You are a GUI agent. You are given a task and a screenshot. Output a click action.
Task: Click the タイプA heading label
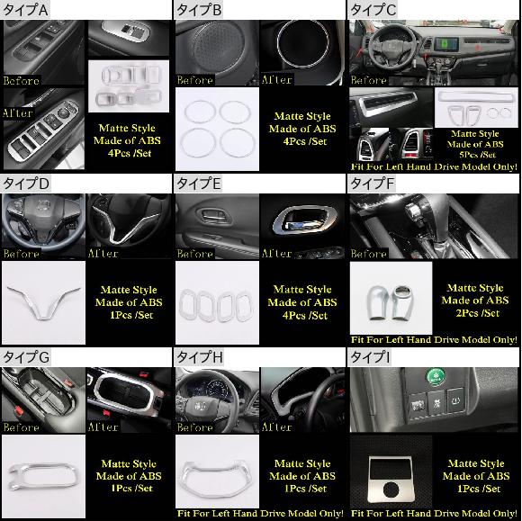coord(25,10)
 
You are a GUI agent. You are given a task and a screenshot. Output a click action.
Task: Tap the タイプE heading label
coord(198,184)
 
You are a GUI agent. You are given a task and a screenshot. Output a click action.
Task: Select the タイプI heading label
coord(370,357)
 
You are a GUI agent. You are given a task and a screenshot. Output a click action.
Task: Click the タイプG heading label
coord(26,357)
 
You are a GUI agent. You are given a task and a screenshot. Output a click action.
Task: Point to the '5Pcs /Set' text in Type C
coord(477,155)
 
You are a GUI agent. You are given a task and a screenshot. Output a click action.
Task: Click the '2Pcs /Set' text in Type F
coord(477,313)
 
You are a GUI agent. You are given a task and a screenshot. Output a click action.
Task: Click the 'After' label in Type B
coord(276,80)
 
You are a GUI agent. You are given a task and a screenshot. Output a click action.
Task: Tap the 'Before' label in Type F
coord(368,254)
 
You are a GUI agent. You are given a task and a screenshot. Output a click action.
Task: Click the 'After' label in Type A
coord(18,113)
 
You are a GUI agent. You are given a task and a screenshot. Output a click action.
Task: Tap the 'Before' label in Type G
coord(22,427)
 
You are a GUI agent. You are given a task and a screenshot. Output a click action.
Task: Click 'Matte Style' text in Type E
coord(302,290)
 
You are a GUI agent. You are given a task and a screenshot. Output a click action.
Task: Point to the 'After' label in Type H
coord(276,427)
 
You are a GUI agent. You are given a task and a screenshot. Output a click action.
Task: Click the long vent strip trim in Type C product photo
coord(476,98)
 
